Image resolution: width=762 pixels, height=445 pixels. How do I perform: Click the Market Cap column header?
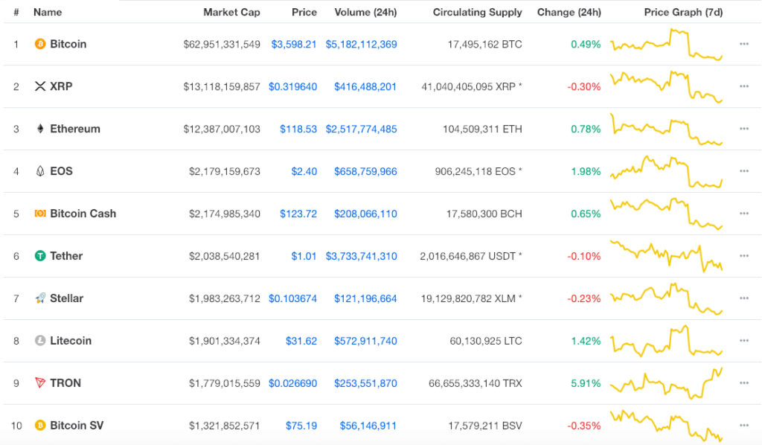231,12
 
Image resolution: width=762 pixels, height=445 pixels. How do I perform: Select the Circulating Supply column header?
477,12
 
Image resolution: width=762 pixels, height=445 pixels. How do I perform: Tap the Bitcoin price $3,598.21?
293,44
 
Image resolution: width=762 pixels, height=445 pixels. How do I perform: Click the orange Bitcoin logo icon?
40,44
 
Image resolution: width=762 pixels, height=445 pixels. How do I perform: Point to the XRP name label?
61,86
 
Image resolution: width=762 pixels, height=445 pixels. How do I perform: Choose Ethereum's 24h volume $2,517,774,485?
361,129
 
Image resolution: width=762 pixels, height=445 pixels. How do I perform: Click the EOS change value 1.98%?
586,171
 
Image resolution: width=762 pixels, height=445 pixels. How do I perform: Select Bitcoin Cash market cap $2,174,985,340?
225,214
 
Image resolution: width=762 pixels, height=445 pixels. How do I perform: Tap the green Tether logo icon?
40,255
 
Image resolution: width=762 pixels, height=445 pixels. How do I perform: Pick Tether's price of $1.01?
304,256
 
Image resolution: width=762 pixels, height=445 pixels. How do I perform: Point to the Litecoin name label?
71,341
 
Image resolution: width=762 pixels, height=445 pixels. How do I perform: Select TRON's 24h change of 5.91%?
586,383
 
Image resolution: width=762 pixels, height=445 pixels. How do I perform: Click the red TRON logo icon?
40,382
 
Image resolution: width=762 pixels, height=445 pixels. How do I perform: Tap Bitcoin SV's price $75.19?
301,426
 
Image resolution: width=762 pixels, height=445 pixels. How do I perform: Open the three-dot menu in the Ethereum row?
744,129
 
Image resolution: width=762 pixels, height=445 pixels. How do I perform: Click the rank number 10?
16,426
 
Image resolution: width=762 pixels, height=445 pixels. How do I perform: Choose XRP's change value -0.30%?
584,87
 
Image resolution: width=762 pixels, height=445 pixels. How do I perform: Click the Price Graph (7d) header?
683,12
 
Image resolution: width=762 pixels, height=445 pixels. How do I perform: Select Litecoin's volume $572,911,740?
365,341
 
